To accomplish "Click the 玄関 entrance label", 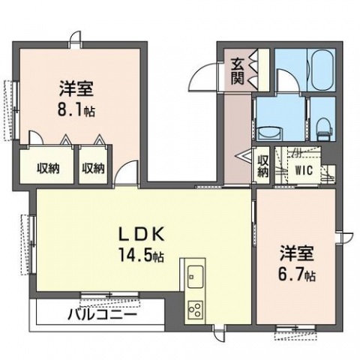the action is pos(237,71).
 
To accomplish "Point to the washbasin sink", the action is pos(269,133).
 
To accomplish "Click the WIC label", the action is pos(304,170).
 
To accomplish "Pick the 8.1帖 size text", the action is pos(76,111).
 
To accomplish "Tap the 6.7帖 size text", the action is pos(297,275).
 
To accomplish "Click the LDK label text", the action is pos(142,234).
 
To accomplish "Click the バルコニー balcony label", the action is pos(103,314).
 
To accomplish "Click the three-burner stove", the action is pos(196,309).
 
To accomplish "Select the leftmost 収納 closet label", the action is pos(48,169).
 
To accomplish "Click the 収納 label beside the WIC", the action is pos(262,166).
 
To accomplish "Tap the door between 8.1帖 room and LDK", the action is pos(127,173).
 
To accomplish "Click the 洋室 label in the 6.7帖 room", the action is pos(297,253).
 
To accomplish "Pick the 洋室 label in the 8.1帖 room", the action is pos(76,88).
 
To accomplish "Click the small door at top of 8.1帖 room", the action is pos(76,40).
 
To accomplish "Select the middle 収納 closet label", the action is pos(94,169).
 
